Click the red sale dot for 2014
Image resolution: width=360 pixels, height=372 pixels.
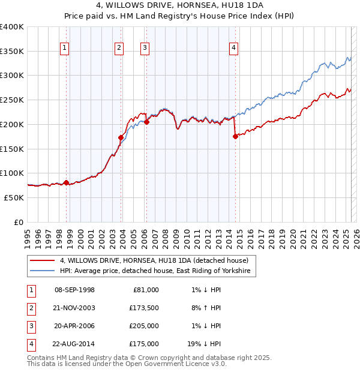tap(235, 137)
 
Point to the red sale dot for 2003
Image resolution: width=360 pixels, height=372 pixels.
tap(121, 137)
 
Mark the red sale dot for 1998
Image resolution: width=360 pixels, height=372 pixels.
tap(66, 182)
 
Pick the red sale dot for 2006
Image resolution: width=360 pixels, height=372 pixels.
tap(146, 122)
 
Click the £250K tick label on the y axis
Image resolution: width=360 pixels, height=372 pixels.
tap(12, 100)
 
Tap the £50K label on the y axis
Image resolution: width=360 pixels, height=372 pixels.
tap(14, 197)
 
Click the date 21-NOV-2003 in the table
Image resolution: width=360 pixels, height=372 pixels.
tap(74, 308)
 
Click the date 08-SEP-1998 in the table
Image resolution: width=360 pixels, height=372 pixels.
tap(74, 290)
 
